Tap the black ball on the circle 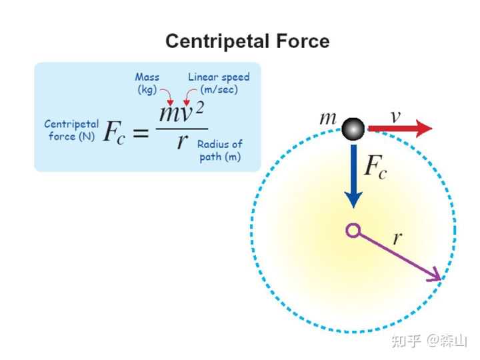point(353,129)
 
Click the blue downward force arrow point(353,173)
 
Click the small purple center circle point(353,231)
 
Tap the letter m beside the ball point(328,119)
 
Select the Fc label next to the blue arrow point(375,167)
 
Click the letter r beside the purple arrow point(397,238)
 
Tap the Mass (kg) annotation point(147,83)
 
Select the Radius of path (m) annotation point(220,150)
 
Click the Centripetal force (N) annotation point(71,130)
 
